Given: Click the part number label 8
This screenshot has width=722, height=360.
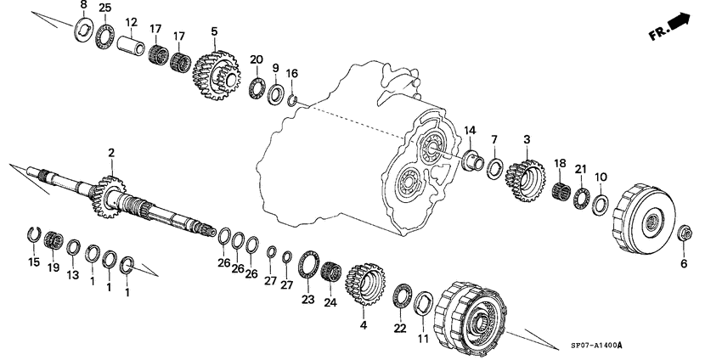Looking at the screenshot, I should point(83,7).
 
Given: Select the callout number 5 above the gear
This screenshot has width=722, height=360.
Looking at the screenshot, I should point(214,31).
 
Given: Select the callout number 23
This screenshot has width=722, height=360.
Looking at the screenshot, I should point(307,298).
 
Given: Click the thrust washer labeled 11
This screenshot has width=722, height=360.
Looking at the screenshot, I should point(424,302).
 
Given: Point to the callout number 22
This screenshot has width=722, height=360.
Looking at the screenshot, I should point(399,328).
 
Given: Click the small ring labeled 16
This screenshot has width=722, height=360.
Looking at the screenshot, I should point(291,103).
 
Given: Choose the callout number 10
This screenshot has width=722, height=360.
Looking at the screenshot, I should point(601,177).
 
